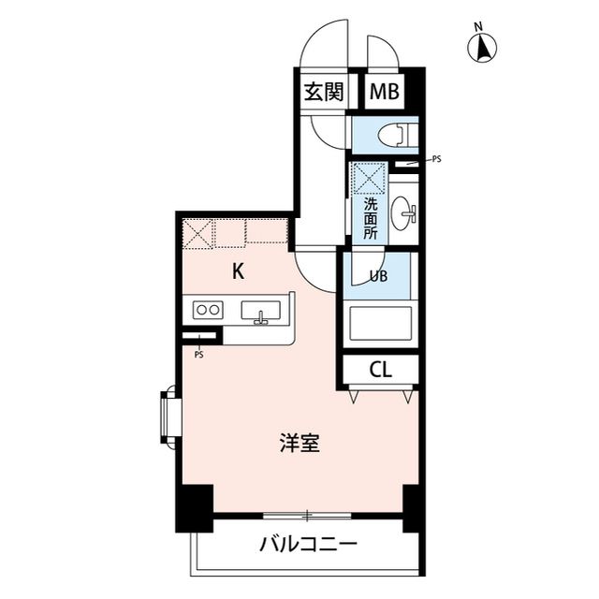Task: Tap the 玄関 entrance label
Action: tap(322, 92)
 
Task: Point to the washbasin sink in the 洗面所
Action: tap(404, 214)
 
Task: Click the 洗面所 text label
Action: tap(370, 217)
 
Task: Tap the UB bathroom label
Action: tap(379, 276)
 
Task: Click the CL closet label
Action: tap(380, 369)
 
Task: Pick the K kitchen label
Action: tap(239, 272)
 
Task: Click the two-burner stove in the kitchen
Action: tap(208, 310)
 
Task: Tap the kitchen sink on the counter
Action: tap(261, 312)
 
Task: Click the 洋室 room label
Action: tap(300, 442)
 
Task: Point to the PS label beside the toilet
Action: tap(436, 159)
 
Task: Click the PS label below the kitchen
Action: tap(199, 355)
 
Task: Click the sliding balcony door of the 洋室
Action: tap(307, 515)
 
